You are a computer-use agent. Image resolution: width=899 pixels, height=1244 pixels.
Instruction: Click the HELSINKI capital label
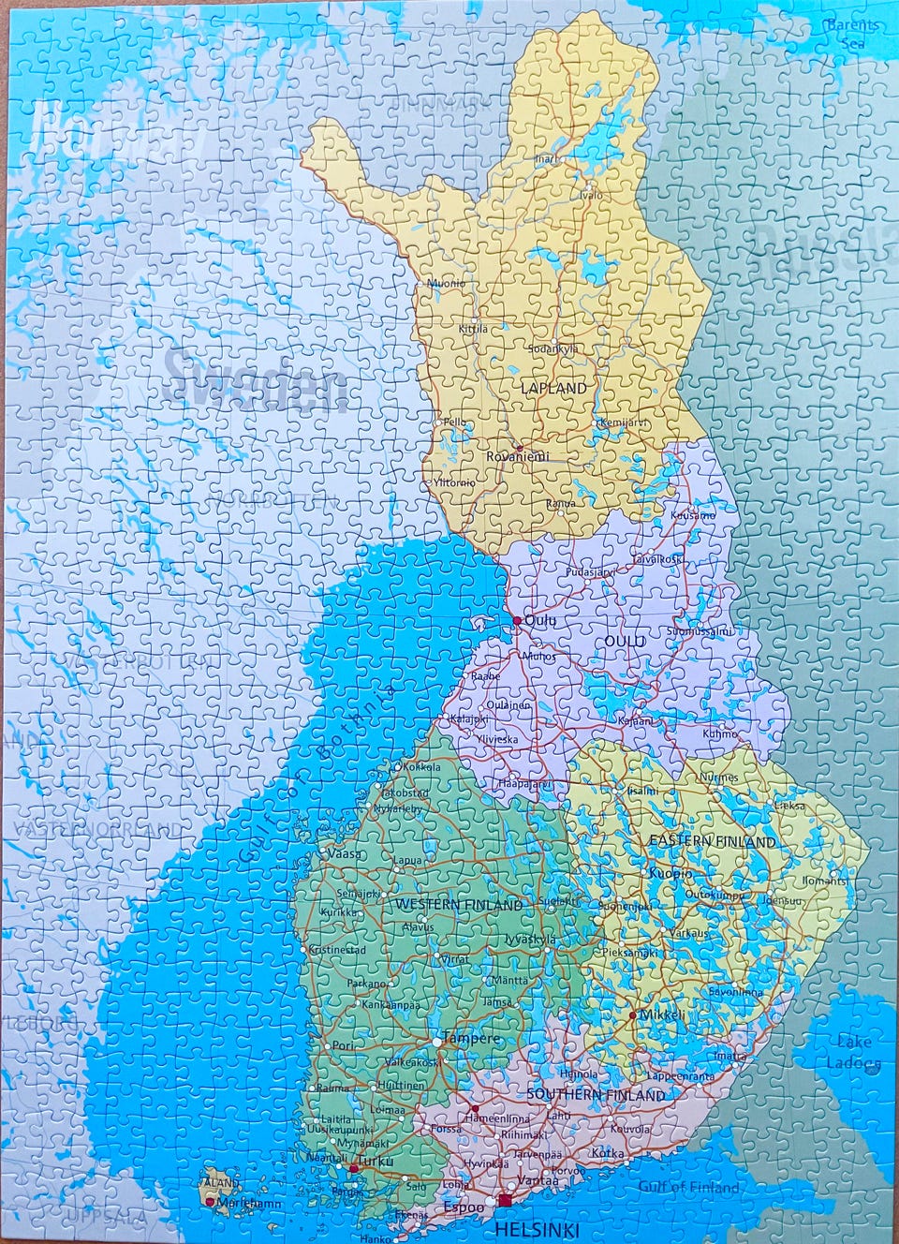click(537, 1229)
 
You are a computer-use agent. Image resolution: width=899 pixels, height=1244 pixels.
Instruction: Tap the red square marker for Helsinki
click(505, 1200)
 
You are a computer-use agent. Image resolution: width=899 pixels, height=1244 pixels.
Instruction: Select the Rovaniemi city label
click(517, 456)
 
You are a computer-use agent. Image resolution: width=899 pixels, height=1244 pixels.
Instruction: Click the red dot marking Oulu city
click(516, 620)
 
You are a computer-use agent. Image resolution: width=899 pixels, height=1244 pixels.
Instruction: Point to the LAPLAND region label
click(555, 387)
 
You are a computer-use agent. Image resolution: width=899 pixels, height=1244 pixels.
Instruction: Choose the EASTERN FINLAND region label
click(713, 841)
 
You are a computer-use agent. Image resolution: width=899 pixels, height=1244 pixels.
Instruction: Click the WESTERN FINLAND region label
click(459, 905)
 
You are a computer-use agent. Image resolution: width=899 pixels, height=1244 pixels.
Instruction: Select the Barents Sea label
click(852, 33)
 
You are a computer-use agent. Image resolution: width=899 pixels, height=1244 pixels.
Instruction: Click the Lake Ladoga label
click(853, 1052)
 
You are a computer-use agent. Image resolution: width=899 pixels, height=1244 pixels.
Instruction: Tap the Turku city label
click(376, 1161)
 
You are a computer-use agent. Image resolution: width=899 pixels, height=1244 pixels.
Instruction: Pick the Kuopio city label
click(671, 873)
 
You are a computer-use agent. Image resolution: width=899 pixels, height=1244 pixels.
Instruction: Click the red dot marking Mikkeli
click(633, 1014)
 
